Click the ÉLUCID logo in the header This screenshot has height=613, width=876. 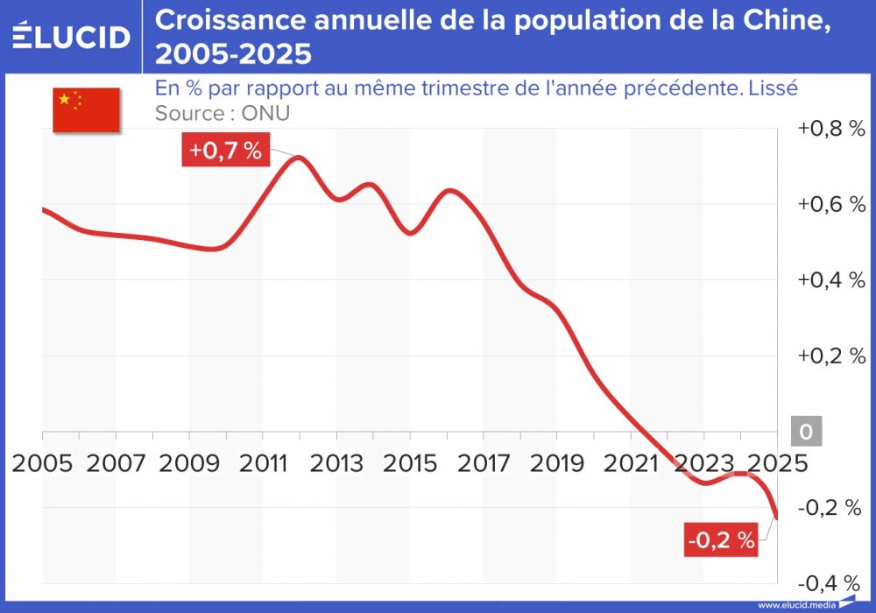(x=71, y=36)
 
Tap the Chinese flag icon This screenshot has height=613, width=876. (x=86, y=110)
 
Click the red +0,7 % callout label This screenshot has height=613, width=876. (x=225, y=151)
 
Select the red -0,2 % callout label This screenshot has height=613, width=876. (x=721, y=541)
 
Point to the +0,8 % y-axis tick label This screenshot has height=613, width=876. (x=830, y=129)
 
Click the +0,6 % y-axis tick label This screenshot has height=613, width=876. (x=830, y=204)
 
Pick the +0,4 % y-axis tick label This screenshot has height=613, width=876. (x=830, y=280)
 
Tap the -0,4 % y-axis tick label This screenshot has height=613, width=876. (x=830, y=583)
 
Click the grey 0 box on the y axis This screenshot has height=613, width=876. (x=806, y=432)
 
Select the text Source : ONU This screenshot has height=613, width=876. (x=222, y=113)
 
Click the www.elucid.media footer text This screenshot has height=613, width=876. (x=796, y=605)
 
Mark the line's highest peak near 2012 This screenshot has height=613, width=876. (x=298, y=158)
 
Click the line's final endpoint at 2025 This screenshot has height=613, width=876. (x=776, y=518)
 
